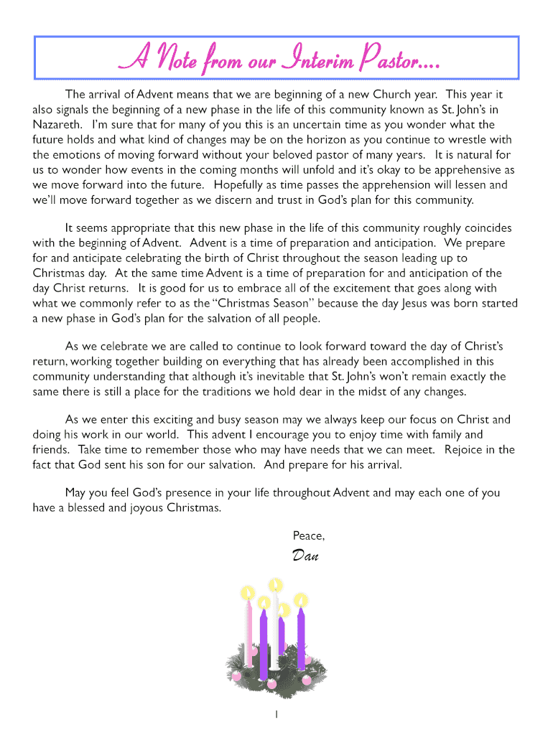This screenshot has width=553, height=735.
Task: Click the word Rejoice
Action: click(470, 449)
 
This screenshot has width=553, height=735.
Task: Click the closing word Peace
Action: click(309, 535)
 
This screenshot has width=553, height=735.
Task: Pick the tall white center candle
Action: click(274, 628)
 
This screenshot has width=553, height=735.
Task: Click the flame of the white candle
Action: click(274, 587)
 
